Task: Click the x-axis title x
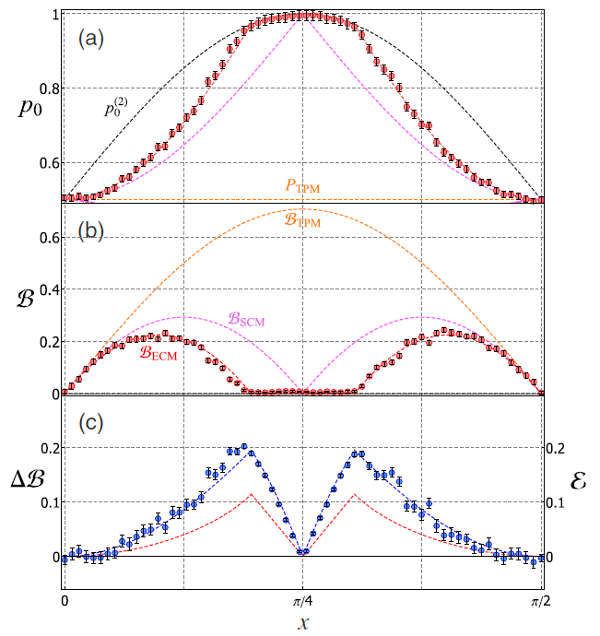[x=301, y=623]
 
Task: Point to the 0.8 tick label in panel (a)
[x=47, y=89]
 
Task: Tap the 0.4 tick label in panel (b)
[x=47, y=289]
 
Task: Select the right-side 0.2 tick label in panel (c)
[x=557, y=447]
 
